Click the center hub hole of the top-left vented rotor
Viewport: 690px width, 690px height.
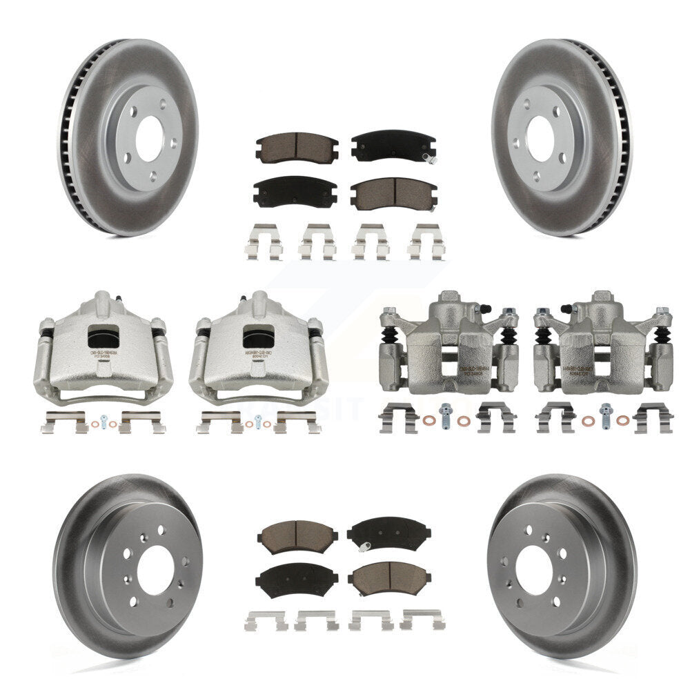(x=148, y=139)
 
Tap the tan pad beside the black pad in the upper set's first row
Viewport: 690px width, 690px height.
(x=297, y=146)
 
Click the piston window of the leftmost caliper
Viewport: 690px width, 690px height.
(x=104, y=337)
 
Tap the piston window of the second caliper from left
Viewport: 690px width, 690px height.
(x=259, y=337)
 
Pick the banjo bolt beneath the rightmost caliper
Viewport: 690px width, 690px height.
(x=607, y=414)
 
